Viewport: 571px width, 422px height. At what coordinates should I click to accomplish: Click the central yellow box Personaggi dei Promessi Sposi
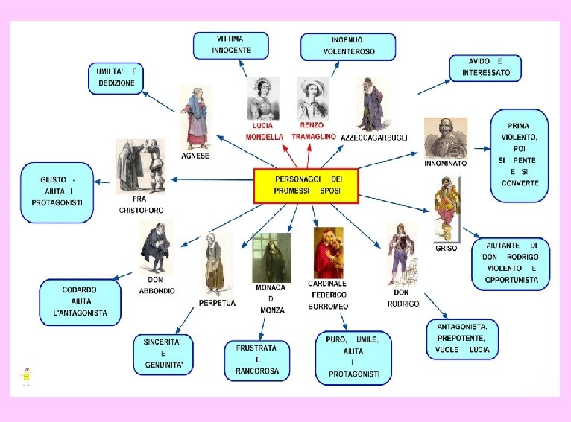coord(306,185)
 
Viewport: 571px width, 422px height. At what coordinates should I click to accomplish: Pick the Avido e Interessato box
coord(485,67)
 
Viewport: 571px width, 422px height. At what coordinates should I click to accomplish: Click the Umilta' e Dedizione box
coord(116,77)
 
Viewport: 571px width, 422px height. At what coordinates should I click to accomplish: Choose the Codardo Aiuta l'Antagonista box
coord(80,301)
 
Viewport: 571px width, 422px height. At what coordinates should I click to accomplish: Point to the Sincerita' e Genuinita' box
coord(163,354)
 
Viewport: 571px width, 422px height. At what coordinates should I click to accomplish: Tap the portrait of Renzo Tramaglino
coord(312,97)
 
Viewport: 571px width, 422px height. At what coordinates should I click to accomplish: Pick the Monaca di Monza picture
coord(271,258)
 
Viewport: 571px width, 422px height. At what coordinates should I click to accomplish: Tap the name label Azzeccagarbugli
coord(374,138)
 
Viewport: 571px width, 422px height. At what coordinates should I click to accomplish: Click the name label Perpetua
coord(217,304)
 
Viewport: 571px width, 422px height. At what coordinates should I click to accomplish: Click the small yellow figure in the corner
coord(27,376)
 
